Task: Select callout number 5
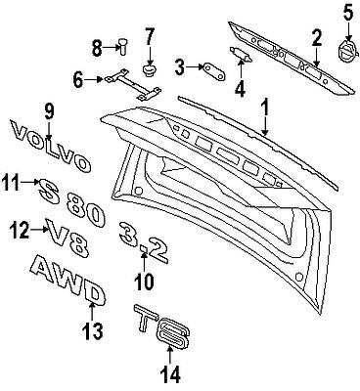coord(346,13)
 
